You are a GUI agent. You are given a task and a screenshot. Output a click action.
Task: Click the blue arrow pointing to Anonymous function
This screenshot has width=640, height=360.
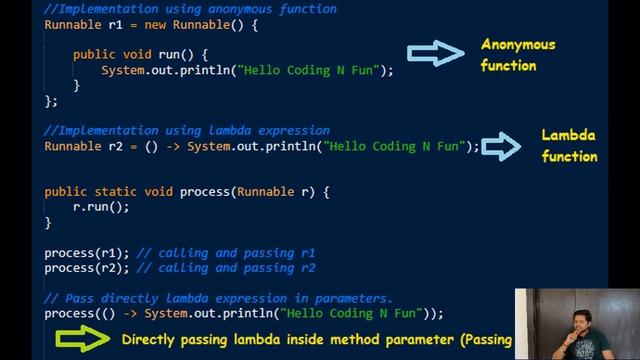(x=436, y=55)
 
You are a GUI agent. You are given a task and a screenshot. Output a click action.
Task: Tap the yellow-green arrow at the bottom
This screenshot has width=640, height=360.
(x=82, y=338)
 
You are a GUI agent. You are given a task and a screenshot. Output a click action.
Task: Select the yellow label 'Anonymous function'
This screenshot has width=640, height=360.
(x=517, y=55)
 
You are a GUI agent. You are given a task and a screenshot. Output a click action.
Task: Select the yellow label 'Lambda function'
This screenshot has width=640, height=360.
(x=569, y=146)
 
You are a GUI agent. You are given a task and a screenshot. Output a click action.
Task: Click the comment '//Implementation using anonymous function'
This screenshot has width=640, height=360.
(x=190, y=9)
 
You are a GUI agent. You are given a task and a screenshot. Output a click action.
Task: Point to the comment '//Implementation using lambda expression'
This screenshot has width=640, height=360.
(x=186, y=130)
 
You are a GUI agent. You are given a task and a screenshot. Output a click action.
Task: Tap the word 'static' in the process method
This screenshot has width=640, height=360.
(x=116, y=191)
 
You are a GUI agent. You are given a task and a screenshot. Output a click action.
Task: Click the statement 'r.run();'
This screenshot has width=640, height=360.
(x=100, y=207)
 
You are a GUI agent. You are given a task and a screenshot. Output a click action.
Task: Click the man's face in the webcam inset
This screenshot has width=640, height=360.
(x=577, y=320)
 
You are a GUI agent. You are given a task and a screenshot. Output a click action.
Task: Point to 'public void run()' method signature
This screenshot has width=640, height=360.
(x=139, y=55)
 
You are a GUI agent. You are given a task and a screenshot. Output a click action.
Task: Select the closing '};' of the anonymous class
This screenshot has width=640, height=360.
(x=51, y=101)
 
